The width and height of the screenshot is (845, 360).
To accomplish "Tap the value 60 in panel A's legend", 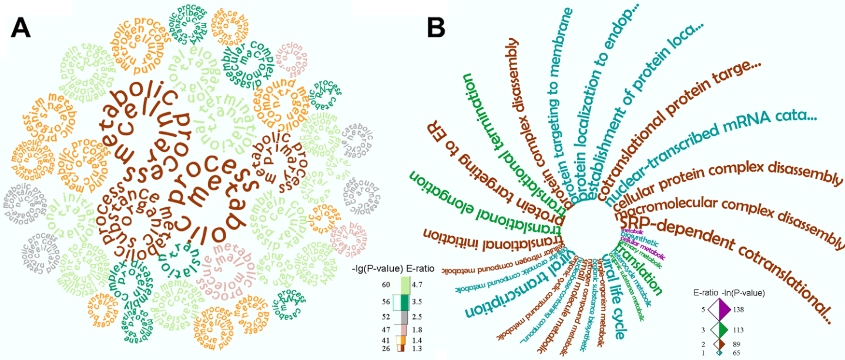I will (386, 285).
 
